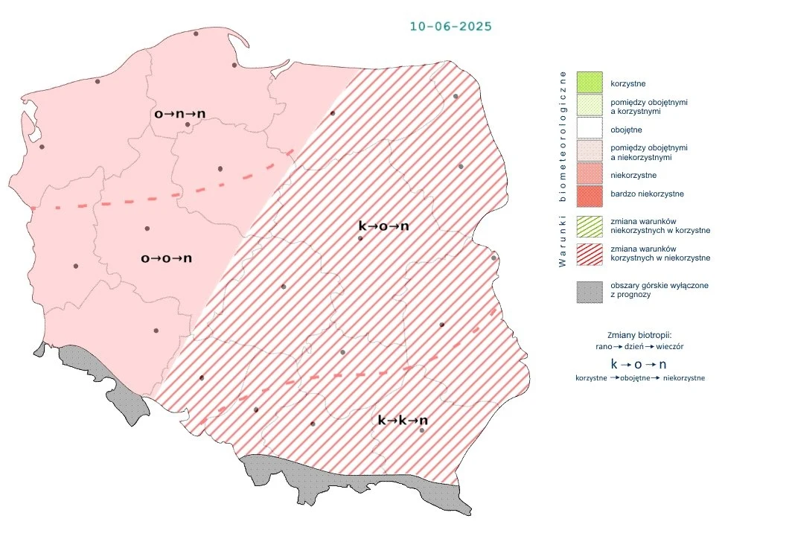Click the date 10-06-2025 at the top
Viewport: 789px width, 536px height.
coord(450,26)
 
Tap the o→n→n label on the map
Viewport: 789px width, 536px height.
coord(179,114)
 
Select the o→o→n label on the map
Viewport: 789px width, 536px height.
coord(167,258)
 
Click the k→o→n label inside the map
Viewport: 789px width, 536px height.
coord(383,226)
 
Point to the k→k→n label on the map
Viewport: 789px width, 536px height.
coord(403,421)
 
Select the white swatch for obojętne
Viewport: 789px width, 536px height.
coord(589,130)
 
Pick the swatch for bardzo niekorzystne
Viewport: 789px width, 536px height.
coord(589,194)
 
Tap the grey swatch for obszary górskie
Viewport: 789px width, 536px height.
coord(589,290)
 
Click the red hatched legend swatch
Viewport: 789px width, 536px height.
coord(589,253)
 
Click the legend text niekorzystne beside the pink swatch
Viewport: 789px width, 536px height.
coord(633,176)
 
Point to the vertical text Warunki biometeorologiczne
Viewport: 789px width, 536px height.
coord(563,169)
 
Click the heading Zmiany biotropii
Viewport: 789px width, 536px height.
coord(639,335)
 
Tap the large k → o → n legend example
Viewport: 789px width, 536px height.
coord(638,364)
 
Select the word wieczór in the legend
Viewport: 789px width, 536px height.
coord(670,347)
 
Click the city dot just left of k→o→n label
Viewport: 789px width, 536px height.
coord(360,238)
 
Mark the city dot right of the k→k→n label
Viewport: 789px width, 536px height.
coord(422,431)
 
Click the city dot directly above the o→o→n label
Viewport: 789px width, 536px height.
coord(147,229)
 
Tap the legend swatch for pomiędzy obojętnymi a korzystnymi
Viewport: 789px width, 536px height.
coord(589,106)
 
